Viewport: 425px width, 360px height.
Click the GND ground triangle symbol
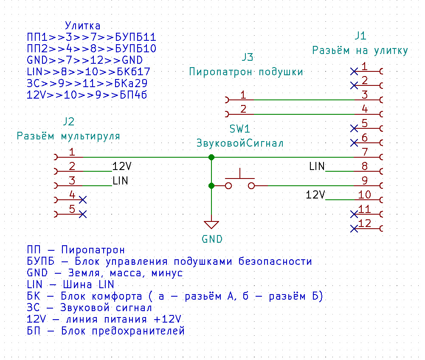tap(211, 225)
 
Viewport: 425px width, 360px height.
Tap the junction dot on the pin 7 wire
tap(211, 157)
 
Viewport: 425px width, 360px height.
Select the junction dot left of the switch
tap(211, 186)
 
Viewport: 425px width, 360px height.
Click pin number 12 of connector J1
tap(365, 223)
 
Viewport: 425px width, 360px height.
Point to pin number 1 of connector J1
tap(365, 66)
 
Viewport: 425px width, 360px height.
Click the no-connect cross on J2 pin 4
tap(83, 200)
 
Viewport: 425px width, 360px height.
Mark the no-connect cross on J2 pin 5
tap(83, 214)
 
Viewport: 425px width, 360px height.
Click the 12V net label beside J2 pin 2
tap(122, 166)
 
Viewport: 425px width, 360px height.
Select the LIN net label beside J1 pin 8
tap(317, 166)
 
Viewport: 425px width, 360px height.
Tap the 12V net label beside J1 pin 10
tap(315, 195)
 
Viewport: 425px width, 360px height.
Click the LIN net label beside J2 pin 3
tap(120, 181)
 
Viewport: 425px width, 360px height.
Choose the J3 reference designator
tap(247, 57)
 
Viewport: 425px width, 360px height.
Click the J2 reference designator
tap(69, 121)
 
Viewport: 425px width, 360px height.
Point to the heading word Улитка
tap(83, 26)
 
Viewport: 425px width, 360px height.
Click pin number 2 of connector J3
tap(243, 109)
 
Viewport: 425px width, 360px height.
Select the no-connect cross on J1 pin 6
tap(354, 143)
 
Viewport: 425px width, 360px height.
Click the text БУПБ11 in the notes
tap(135, 37)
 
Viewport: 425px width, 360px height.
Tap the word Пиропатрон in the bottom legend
tap(93, 250)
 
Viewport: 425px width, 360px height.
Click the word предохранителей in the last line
tap(138, 331)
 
